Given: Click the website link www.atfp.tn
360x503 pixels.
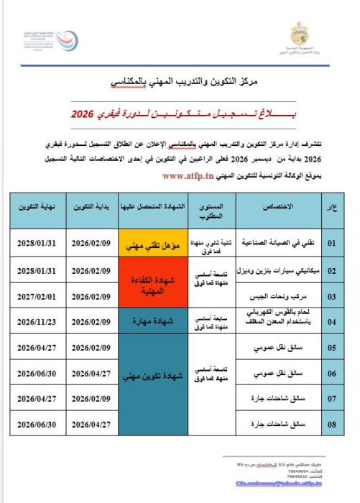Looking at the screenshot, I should pyautogui.click(x=188, y=175).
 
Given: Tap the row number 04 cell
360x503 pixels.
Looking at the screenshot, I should pyautogui.click(x=331, y=321).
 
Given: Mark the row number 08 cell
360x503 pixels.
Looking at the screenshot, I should pyautogui.click(x=331, y=424).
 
